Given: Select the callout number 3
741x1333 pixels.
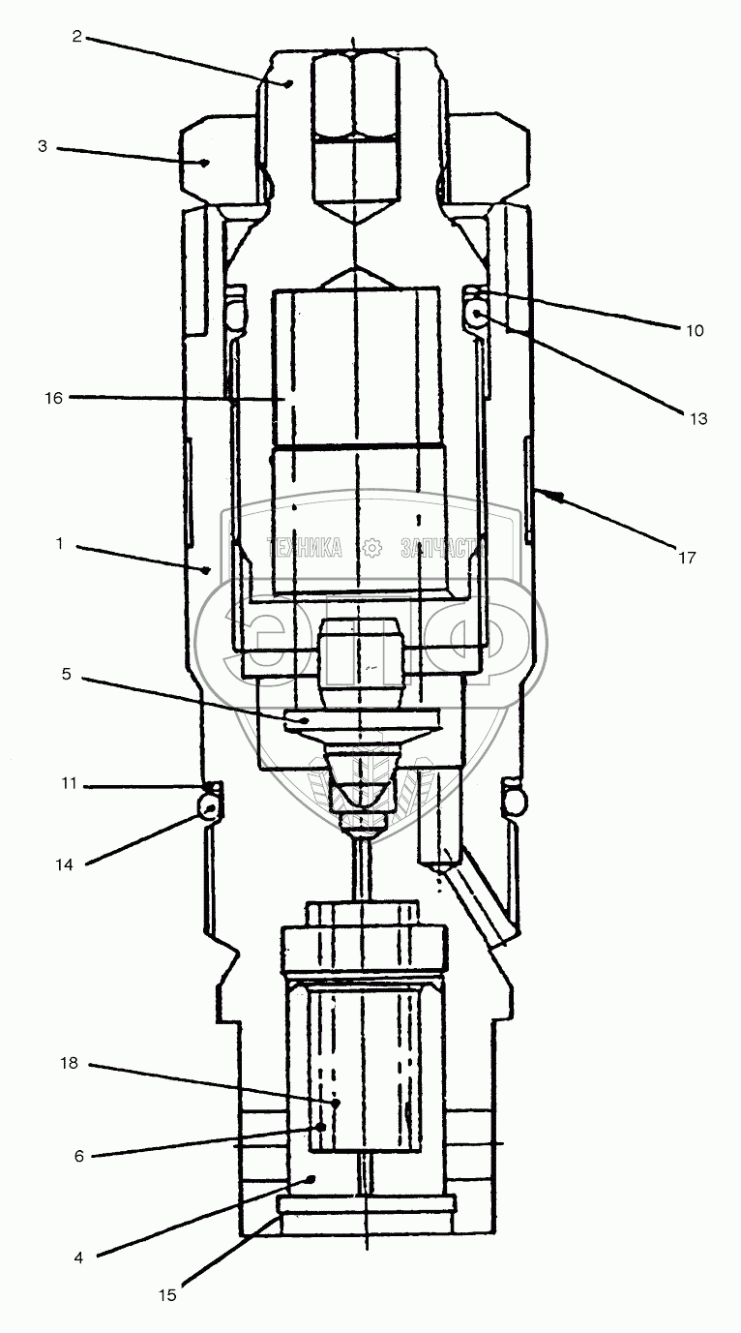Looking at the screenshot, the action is (x=43, y=148).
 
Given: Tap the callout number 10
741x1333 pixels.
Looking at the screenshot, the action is (x=695, y=330).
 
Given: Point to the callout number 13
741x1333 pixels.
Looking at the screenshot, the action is (x=698, y=418).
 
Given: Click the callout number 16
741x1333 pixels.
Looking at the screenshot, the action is (x=52, y=397).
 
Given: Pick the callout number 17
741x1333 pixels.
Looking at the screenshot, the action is (x=686, y=557).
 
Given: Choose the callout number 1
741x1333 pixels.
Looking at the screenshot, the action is (x=59, y=545).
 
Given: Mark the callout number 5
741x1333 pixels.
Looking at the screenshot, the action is (x=66, y=674).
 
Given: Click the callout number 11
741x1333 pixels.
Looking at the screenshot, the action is (x=67, y=784).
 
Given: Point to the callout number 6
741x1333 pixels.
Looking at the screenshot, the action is (x=79, y=1156).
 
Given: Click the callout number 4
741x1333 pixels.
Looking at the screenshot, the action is (x=79, y=1257).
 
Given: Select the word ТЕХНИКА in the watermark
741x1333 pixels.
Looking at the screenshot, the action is (x=303, y=549).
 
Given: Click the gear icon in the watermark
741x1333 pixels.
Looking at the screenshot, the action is (x=371, y=548).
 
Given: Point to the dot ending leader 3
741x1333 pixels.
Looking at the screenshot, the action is (x=205, y=163).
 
